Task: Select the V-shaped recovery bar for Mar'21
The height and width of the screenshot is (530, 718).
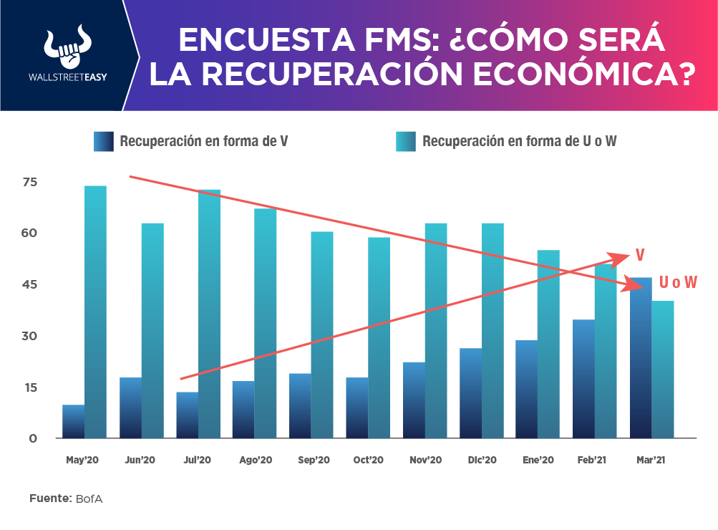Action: click(641, 357)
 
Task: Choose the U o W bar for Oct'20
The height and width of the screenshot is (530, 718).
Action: click(379, 337)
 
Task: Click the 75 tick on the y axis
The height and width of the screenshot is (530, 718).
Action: click(29, 183)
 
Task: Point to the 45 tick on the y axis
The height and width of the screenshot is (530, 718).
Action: click(29, 285)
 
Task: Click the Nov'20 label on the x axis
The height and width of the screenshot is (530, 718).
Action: click(425, 461)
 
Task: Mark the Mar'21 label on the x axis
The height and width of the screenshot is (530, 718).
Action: click(651, 461)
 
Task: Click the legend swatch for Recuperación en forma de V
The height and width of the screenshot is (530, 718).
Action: click(104, 141)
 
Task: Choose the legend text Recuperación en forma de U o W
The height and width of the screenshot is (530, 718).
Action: click(520, 141)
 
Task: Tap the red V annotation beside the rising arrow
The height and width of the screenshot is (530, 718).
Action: click(640, 256)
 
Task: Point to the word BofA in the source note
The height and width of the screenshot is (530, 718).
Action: click(89, 498)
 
